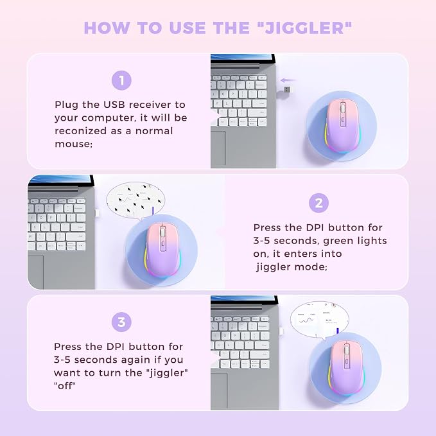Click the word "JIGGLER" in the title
[x=304, y=28]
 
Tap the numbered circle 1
[x=121, y=80]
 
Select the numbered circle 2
[x=318, y=203]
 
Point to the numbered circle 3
[x=121, y=322]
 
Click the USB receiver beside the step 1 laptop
[x=287, y=90]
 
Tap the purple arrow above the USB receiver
[x=288, y=80]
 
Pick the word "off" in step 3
[x=65, y=386]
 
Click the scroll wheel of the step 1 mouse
[x=343, y=108]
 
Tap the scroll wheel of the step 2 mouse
[x=162, y=232]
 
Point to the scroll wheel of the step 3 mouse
[x=347, y=349]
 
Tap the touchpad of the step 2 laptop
[x=35, y=272]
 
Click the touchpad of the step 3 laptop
[x=219, y=391]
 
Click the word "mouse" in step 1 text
[x=73, y=144]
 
